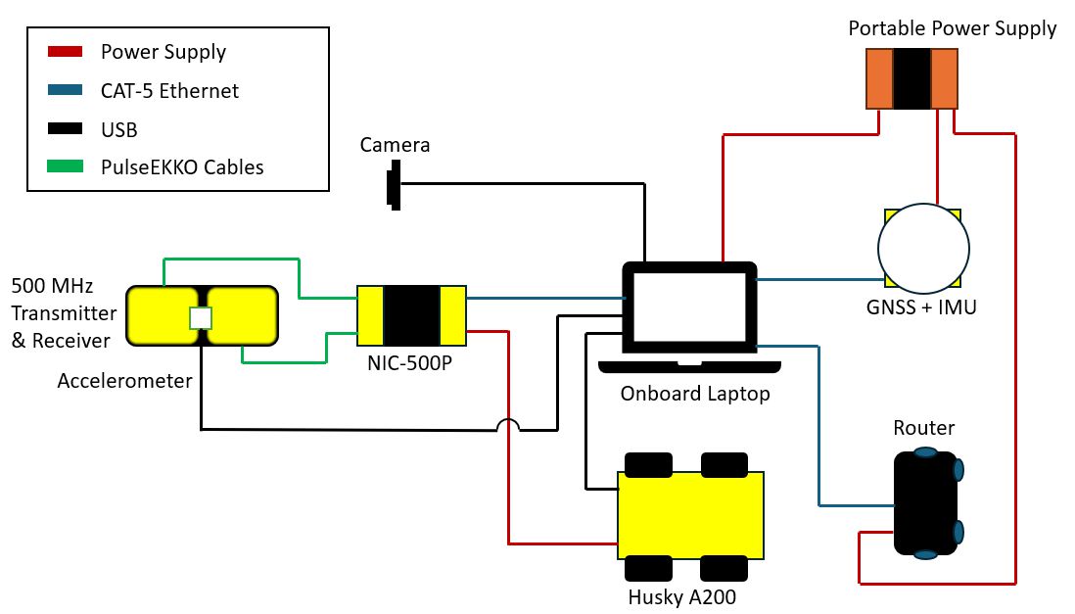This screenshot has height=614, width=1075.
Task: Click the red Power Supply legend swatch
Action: [66, 52]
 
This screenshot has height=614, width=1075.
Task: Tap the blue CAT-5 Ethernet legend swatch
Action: [66, 90]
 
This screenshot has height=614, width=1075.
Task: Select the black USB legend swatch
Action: [66, 128]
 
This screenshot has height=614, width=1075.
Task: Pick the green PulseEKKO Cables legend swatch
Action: [66, 166]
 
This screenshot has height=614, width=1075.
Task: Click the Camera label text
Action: [395, 145]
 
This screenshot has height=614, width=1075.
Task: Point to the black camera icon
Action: [394, 184]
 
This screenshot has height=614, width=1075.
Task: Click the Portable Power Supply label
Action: [953, 28]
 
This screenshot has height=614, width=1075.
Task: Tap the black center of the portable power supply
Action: [911, 79]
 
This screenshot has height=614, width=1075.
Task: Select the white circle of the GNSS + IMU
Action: [923, 249]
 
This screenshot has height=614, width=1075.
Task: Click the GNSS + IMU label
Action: [921, 307]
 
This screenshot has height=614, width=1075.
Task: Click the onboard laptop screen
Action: [689, 307]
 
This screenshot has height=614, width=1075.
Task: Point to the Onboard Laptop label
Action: [695, 394]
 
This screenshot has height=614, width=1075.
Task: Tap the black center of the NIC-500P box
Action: [411, 315]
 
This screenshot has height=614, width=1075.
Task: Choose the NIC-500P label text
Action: [410, 363]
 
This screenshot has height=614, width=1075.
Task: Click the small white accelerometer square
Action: [201, 318]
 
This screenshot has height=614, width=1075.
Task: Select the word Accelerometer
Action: [124, 381]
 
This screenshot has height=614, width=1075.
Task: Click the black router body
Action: [925, 503]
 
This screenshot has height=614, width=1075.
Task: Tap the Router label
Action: [923, 428]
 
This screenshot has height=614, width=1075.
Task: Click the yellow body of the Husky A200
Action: [690, 515]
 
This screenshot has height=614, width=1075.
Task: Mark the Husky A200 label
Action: [682, 597]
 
